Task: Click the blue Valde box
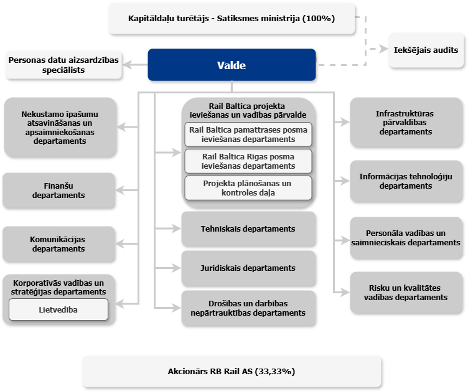coord(232,65)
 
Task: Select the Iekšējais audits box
coord(426,50)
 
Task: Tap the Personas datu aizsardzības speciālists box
coord(63,65)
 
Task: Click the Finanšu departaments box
coord(58,191)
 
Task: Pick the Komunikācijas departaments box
coord(58,243)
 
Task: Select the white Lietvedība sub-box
coord(58,309)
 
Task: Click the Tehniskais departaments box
coord(248,228)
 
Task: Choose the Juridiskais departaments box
coord(248,268)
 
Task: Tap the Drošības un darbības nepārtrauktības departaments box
coord(248,308)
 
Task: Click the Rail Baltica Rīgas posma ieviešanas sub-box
coord(248,161)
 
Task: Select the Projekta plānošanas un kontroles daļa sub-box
coord(248,188)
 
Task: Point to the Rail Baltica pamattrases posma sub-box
coord(248,134)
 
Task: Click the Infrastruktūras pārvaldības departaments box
coord(406,122)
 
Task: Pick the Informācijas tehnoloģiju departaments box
coord(406,181)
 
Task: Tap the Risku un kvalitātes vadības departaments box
coord(406,293)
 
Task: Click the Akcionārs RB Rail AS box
coord(232,371)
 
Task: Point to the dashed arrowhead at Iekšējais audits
coord(384,49)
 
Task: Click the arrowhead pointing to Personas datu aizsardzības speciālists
coord(128,65)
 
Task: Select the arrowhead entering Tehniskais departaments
coord(176,228)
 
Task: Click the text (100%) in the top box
coord(319,18)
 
